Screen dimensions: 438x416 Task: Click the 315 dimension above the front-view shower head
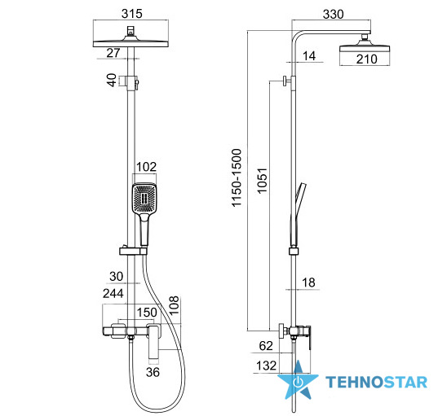pyautogui.click(x=132, y=14)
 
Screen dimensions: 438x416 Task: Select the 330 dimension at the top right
pyautogui.click(x=333, y=14)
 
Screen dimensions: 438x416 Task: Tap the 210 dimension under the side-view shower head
pyautogui.click(x=366, y=59)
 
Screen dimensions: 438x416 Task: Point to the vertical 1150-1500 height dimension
pyautogui.click(x=237, y=178)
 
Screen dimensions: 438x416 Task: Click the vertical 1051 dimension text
pyautogui.click(x=262, y=181)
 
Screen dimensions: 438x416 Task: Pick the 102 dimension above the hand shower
pyautogui.click(x=146, y=167)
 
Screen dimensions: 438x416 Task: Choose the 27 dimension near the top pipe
pyautogui.click(x=113, y=53)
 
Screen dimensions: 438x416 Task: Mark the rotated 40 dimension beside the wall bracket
pyautogui.click(x=112, y=80)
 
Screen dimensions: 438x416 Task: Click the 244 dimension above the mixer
pyautogui.click(x=113, y=293)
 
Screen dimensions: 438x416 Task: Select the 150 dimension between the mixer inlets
pyautogui.click(x=147, y=313)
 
